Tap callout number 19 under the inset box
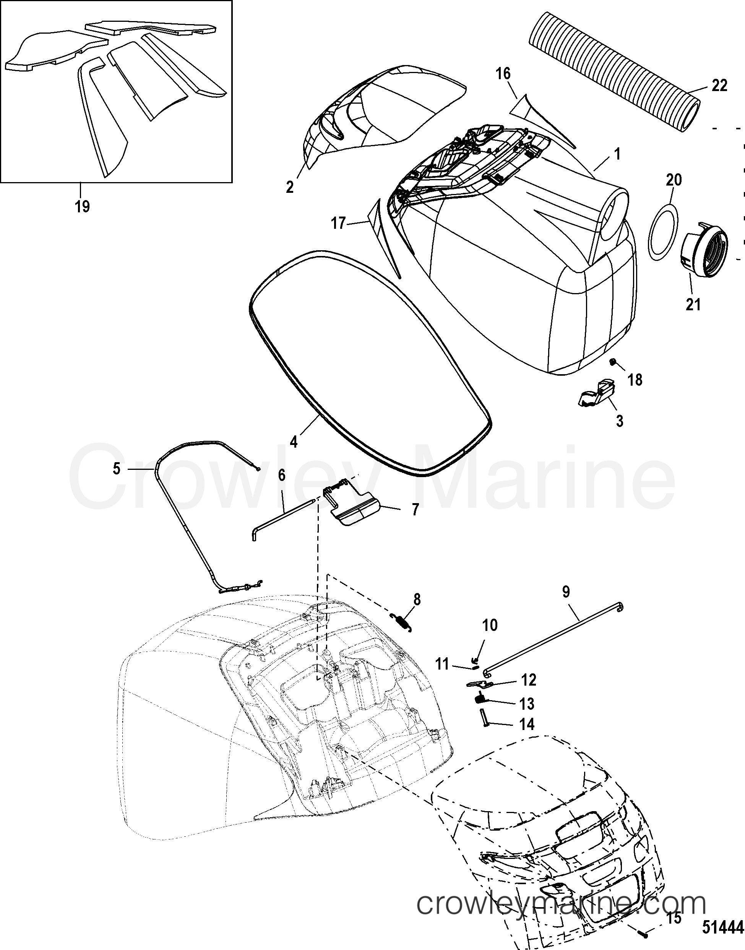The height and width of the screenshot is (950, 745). pyautogui.click(x=82, y=205)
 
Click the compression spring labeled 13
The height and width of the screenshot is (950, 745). pyautogui.click(x=480, y=699)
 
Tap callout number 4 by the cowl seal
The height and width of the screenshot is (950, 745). pyautogui.click(x=294, y=442)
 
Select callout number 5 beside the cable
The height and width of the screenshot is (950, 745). pyautogui.click(x=117, y=469)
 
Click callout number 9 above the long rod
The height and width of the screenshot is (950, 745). pyautogui.click(x=566, y=592)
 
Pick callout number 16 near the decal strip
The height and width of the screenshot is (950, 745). pyautogui.click(x=503, y=73)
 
